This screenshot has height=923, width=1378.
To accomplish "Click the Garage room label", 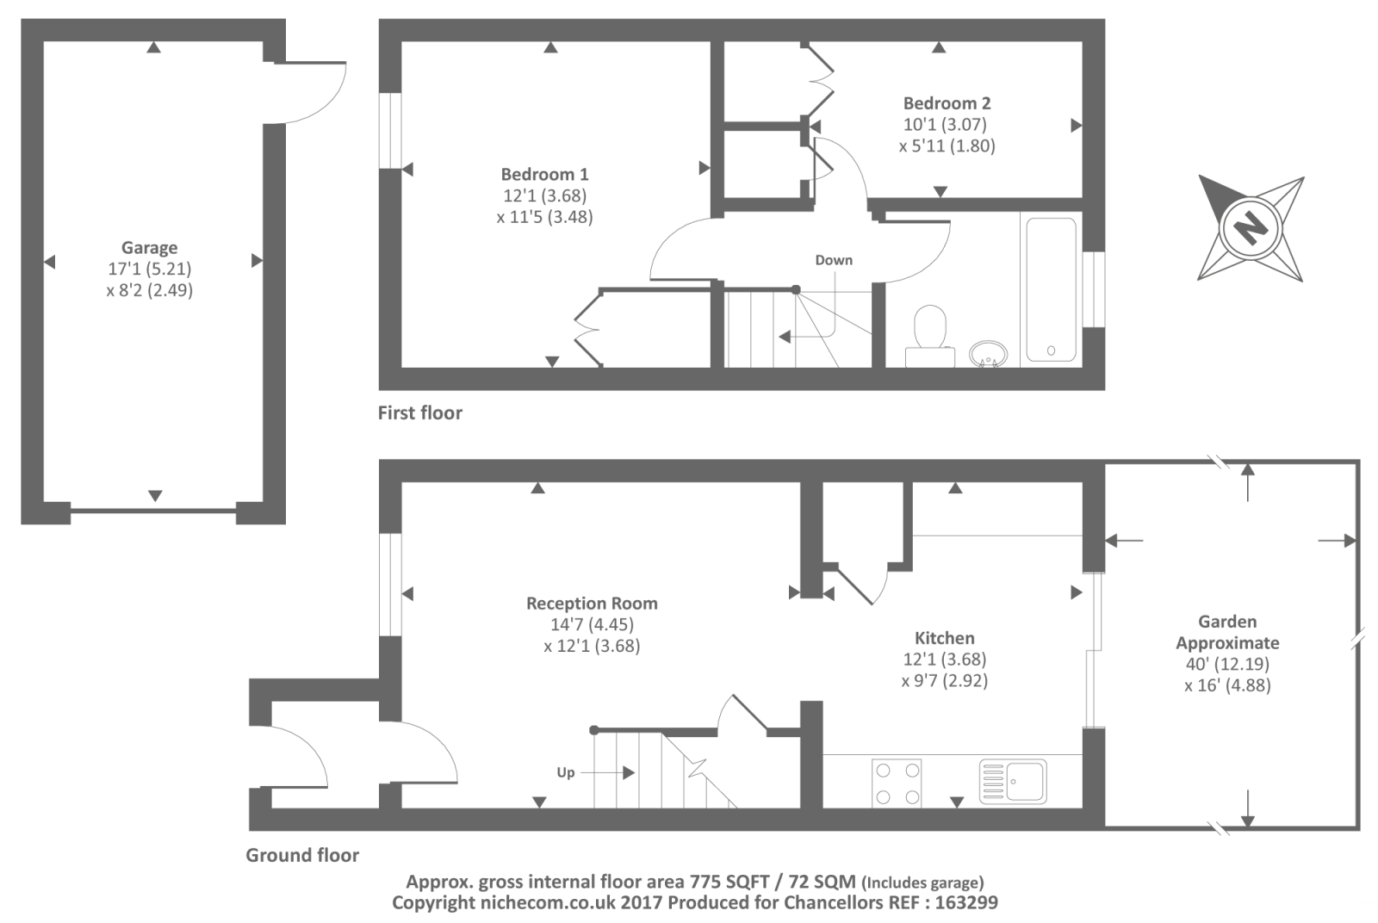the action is (150, 247).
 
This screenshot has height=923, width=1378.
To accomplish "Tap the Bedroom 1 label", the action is (544, 174).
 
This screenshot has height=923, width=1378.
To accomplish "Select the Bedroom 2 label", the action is (947, 102).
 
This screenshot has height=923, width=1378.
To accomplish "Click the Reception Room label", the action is (592, 604).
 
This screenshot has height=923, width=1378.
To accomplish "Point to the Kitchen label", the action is (944, 638).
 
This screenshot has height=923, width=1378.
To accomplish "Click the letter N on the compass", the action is (1250, 228).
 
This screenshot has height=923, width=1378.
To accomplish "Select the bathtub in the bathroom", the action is (1051, 289).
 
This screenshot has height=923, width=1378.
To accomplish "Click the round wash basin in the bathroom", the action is (988, 354).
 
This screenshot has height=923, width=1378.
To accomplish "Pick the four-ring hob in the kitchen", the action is (897, 783).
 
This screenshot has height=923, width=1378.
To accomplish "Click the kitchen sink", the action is (1013, 782).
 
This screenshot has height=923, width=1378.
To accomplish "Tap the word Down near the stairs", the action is (834, 260).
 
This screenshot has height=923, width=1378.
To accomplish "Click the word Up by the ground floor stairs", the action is (565, 773).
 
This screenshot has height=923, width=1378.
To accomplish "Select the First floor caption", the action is (420, 412).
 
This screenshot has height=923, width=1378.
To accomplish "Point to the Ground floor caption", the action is (302, 855).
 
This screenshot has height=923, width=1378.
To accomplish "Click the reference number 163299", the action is (966, 902).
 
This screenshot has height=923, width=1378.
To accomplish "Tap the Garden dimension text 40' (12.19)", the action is (1227, 664).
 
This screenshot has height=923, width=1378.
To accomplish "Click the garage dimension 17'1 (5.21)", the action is (150, 269).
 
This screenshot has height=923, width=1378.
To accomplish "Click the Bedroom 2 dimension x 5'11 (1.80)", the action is (947, 146).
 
